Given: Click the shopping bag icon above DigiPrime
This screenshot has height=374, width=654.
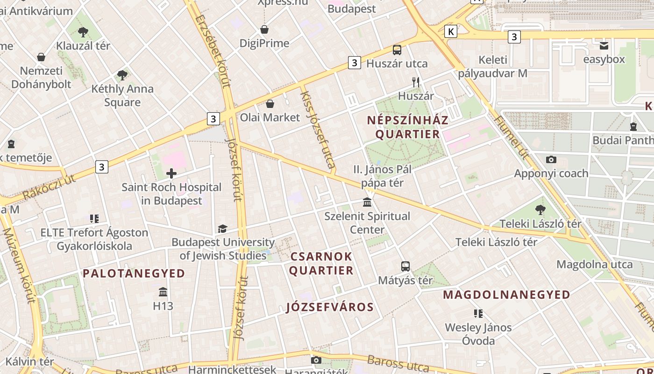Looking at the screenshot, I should pyautogui.click(x=264, y=30).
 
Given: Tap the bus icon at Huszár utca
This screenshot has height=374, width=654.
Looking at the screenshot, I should pyautogui.click(x=397, y=50).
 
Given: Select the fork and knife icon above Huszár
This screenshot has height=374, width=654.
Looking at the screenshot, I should pyautogui.click(x=416, y=83).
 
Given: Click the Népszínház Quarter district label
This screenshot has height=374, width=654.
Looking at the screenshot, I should pyautogui.click(x=408, y=127).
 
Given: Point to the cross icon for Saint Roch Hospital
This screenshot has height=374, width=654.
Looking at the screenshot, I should pyautogui.click(x=171, y=174).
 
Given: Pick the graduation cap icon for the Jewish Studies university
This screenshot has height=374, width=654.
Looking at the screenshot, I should pyautogui.click(x=222, y=229).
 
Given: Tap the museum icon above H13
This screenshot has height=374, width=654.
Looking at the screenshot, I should pyautogui.click(x=163, y=292).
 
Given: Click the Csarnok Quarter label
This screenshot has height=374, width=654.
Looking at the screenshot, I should pyautogui.click(x=321, y=264).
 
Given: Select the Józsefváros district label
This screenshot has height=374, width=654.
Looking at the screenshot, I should pyautogui.click(x=330, y=307).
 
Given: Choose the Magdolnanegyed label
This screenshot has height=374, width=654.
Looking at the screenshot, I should pyautogui.click(x=506, y=295).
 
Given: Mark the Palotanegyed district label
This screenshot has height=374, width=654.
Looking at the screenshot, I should pyautogui.click(x=134, y=273).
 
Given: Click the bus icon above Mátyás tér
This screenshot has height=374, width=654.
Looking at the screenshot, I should pyautogui.click(x=405, y=266).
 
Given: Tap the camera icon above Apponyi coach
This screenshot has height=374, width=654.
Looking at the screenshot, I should pyautogui.click(x=551, y=160).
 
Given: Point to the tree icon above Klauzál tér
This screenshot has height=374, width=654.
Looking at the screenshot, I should pyautogui.click(x=83, y=32).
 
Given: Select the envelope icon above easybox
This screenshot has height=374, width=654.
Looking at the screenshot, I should pyautogui.click(x=604, y=46).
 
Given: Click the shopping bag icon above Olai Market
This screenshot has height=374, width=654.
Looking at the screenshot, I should pyautogui.click(x=270, y=103).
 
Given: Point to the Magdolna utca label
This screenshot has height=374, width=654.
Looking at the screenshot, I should pyautogui.click(x=594, y=265).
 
